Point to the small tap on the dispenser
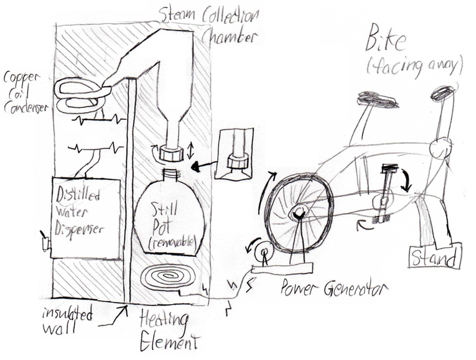[45, 242]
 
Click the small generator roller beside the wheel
[264, 253]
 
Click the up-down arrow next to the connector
[191, 151]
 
